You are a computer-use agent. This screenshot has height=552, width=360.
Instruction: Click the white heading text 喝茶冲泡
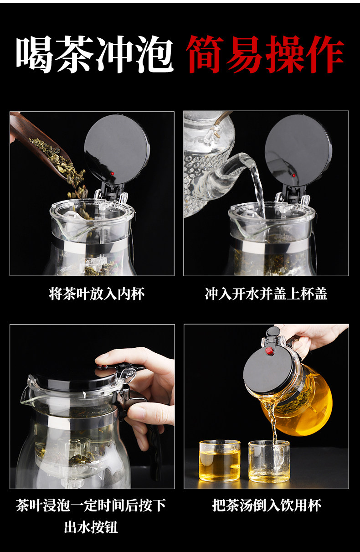coord(95,54)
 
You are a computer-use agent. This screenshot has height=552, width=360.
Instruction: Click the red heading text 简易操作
coord(265,54)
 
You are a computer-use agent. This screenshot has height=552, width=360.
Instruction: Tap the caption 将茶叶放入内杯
coord(97,294)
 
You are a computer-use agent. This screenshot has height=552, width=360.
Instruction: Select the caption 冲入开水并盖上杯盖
coord(266,294)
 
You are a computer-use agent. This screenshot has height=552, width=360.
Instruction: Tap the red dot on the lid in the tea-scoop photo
coord(113,174)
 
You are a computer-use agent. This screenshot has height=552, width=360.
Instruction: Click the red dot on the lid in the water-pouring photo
coord(294,175)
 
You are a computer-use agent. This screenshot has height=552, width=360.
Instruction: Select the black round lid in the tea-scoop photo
coord(117,149)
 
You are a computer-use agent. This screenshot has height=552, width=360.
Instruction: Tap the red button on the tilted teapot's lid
coord(270,351)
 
